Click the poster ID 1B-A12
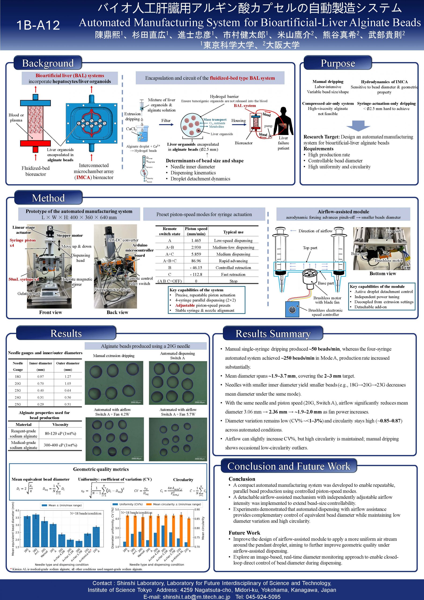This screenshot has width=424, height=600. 38,25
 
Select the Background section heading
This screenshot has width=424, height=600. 48,63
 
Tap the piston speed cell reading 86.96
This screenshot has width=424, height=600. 196,261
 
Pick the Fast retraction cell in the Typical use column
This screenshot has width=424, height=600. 233,274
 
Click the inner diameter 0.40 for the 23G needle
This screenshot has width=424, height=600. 41,390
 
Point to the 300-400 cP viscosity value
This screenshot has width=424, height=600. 60,445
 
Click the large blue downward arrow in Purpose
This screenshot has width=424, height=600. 358,126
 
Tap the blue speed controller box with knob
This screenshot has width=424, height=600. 292,309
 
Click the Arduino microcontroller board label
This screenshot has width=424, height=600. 140,250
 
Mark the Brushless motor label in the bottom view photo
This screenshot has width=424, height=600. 388,261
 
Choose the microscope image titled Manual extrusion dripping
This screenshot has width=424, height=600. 114,383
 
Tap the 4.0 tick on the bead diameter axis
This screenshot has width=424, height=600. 17,510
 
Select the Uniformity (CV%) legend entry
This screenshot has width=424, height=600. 128,504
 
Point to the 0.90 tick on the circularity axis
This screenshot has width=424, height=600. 197,509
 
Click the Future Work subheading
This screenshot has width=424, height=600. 244,533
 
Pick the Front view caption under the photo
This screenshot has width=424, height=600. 50,312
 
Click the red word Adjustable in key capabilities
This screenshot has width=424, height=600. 185,305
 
